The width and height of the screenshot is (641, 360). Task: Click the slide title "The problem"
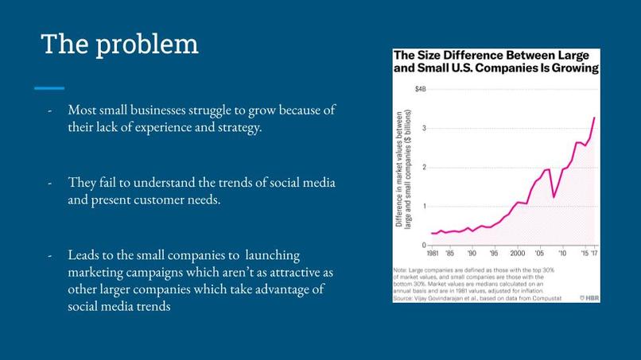(x=119, y=44)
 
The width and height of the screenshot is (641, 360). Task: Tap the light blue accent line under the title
(x=49, y=87)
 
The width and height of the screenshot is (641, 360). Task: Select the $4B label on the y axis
(x=420, y=90)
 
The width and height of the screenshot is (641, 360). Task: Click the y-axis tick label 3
(x=425, y=128)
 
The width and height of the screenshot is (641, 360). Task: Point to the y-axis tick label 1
(x=425, y=206)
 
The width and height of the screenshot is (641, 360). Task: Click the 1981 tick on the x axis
(x=433, y=254)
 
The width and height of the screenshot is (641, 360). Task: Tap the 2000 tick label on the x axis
(x=518, y=254)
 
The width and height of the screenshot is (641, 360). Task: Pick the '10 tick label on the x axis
(x=563, y=254)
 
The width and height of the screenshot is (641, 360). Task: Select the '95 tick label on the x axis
(x=495, y=254)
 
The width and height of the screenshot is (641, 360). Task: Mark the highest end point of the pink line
(x=594, y=118)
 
